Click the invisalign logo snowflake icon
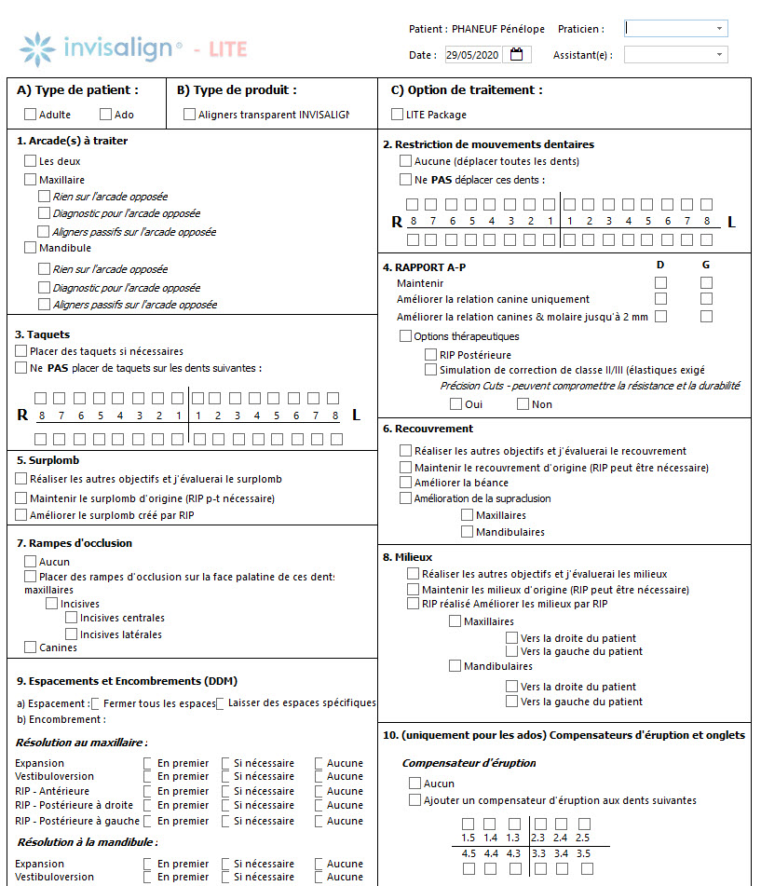[x=37, y=48]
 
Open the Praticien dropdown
[x=676, y=29]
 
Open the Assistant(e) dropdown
[x=676, y=55]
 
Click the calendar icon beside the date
[x=517, y=55]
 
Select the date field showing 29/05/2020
[x=473, y=55]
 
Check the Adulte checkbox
[x=31, y=115]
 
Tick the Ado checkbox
[x=105, y=115]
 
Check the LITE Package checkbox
[x=398, y=115]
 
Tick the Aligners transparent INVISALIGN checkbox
[x=190, y=115]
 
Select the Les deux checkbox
[x=31, y=161]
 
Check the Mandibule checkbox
[x=31, y=249]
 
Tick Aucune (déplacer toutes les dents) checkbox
[x=405, y=161]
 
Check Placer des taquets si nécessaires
[x=21, y=351]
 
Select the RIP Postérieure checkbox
[x=431, y=355]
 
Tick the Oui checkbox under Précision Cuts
[x=455, y=404]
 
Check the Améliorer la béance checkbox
[x=405, y=483]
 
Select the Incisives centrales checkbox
[x=71, y=618]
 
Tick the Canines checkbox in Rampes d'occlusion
[x=31, y=647]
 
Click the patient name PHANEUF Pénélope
[x=497, y=29]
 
